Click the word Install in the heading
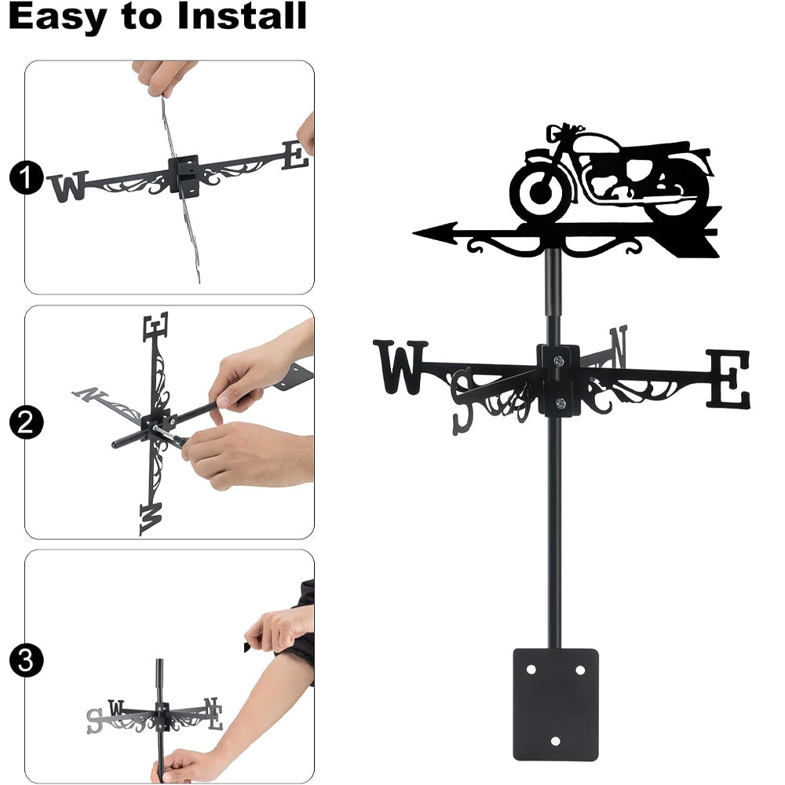coord(243,16)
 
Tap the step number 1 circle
coord(26,177)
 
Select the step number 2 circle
coord(26,422)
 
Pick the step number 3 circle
coord(26,660)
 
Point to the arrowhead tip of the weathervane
coord(414,233)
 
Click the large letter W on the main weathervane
coord(400,367)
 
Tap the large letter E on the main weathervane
coord(728,379)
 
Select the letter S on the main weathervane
coord(462,400)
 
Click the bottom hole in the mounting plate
coord(555,741)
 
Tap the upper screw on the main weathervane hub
coord(558,360)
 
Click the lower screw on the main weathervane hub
coord(560,403)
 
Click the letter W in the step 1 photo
coord(68,186)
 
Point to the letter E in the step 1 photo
coord(295,155)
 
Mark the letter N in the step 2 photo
coord(89,395)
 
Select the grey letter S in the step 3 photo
coord(94,721)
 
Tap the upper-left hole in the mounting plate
coord(531,670)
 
